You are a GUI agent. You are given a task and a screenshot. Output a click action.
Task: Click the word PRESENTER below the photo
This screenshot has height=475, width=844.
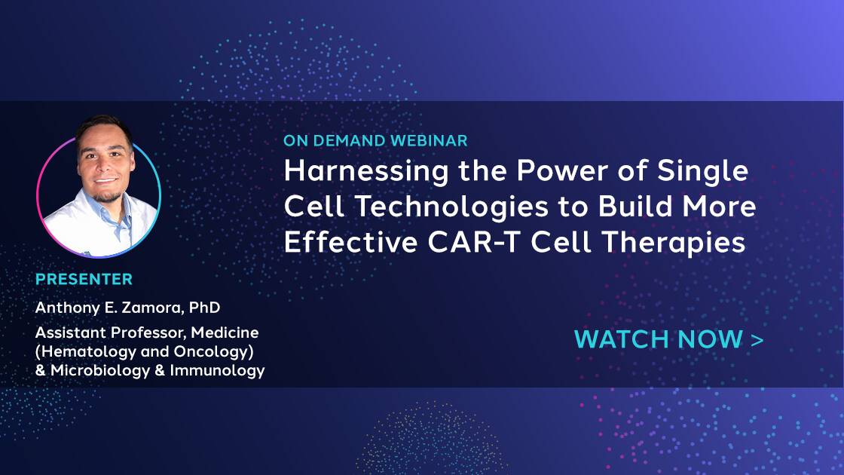pyautogui.click(x=84, y=279)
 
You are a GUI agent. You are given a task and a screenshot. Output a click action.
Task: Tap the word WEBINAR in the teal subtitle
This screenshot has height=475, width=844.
pyautogui.click(x=429, y=140)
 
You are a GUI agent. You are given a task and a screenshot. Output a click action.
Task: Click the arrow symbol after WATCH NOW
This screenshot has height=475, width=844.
pyautogui.click(x=757, y=340)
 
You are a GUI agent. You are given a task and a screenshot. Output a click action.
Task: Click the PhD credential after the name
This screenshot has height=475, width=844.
pyautogui.click(x=204, y=308)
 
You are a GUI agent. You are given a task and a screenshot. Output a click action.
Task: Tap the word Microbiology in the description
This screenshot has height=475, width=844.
pyautogui.click(x=100, y=370)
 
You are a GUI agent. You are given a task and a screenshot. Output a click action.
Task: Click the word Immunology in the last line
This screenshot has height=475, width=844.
pyautogui.click(x=218, y=370)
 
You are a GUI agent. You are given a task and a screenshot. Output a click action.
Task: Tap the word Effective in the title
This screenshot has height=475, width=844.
pyautogui.click(x=351, y=242)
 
